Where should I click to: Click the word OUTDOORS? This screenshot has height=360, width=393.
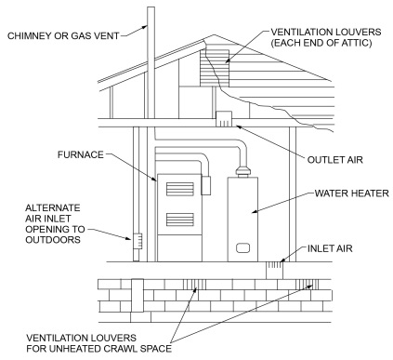(43, 237)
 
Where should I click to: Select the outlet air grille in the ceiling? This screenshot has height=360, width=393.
(225, 119)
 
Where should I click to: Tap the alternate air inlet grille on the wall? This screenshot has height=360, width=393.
(137, 243)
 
